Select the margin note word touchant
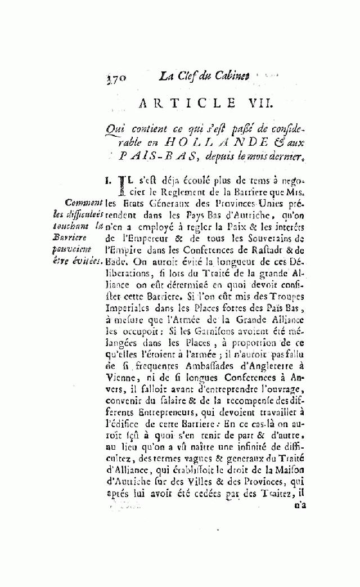click(x=80, y=226)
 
